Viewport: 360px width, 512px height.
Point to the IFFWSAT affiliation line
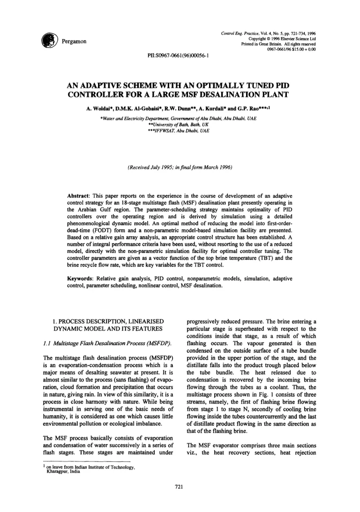click(x=180, y=133)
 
